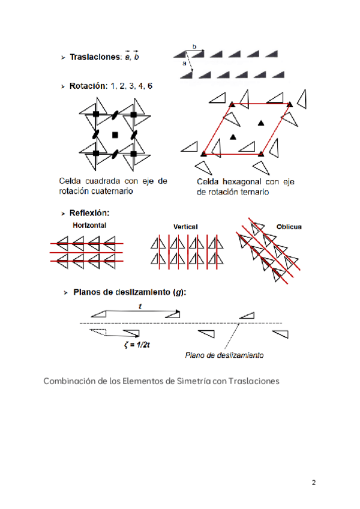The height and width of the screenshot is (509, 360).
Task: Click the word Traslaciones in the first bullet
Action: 94,58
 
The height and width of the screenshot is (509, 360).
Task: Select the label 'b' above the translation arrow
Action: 194,46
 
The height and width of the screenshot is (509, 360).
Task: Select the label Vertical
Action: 185,227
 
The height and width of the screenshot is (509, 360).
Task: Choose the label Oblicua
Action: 289,227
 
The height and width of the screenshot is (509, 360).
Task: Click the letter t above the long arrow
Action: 139,306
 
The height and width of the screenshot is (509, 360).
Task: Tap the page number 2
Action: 313,483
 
